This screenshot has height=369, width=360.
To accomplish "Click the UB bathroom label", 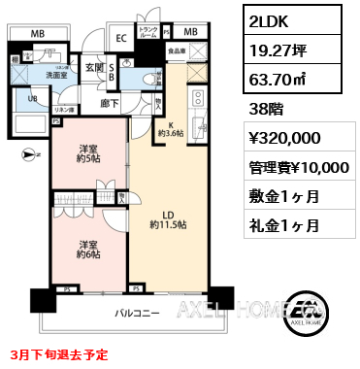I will coord(32,97).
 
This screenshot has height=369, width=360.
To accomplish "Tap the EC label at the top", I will coord(121,39).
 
